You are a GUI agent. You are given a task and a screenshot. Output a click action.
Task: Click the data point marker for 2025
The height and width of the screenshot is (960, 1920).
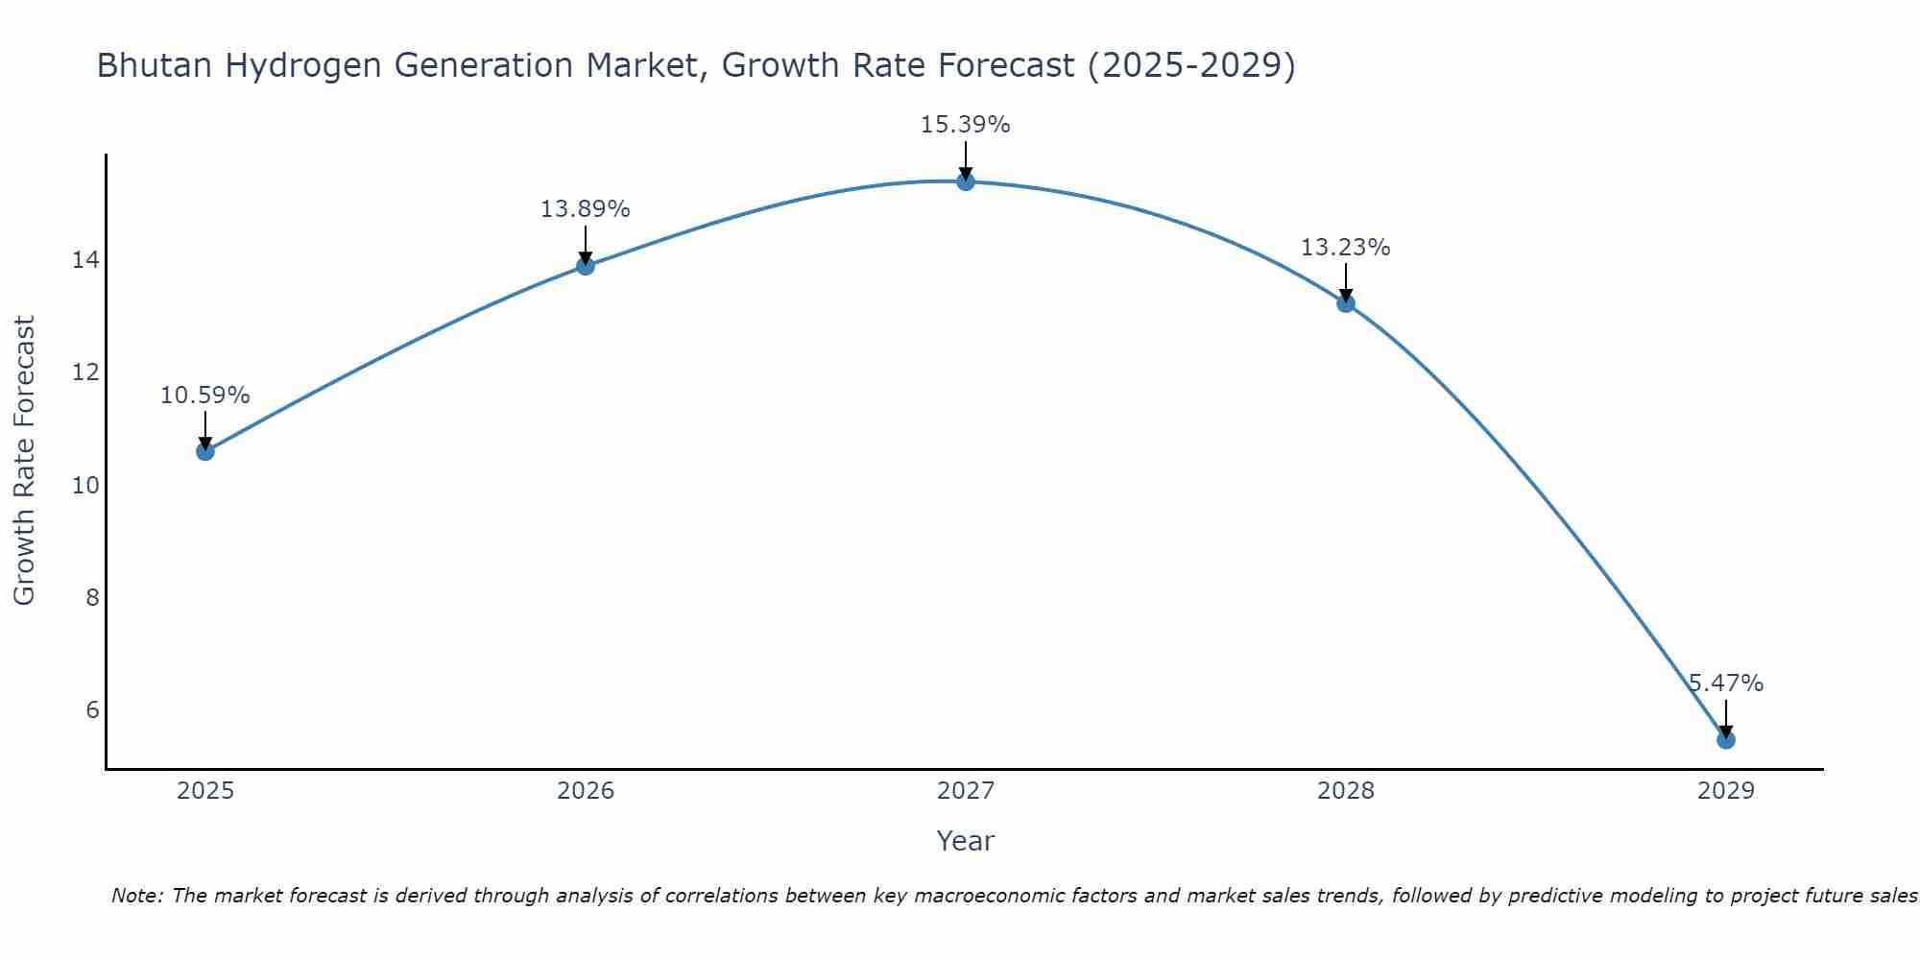pos(204,451)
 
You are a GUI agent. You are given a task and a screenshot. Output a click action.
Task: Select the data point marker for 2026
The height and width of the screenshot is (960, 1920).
pos(586,266)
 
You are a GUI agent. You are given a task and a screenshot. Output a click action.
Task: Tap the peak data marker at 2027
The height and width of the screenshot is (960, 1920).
pos(966,181)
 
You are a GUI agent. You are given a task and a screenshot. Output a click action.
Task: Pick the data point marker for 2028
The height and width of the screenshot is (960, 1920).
pos(1346,303)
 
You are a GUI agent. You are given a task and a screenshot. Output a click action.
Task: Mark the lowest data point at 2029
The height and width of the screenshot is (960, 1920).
pos(1726,740)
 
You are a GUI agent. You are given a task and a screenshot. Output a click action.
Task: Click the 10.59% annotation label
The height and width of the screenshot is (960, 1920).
pos(204,396)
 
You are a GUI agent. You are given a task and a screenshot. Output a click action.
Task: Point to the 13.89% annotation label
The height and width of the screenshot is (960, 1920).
pos(585,209)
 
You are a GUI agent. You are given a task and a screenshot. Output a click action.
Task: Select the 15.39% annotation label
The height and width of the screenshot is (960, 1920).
pos(965,125)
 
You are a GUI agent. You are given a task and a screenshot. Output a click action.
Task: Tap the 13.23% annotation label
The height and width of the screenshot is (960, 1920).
pos(1345,248)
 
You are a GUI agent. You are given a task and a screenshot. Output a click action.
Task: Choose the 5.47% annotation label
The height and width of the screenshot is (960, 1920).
pos(1726,684)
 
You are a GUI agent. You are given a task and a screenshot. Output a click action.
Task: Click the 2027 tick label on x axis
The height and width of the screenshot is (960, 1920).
pos(966,791)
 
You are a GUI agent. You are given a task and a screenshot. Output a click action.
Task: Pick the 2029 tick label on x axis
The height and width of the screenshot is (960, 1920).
pos(1726,791)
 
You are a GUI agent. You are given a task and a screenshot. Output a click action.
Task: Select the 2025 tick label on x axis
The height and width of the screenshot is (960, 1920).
pos(205,791)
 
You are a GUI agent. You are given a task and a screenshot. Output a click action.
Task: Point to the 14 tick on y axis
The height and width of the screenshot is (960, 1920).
pos(85,260)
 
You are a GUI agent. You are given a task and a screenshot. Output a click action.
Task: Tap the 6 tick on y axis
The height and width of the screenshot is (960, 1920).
pos(92,709)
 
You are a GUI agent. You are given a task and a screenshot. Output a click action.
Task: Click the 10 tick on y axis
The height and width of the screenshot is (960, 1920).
pos(85,485)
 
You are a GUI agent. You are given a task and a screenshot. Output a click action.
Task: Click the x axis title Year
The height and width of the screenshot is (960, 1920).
pos(965,841)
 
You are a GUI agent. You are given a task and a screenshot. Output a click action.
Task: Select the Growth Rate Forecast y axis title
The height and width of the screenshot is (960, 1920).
pos(24,460)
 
